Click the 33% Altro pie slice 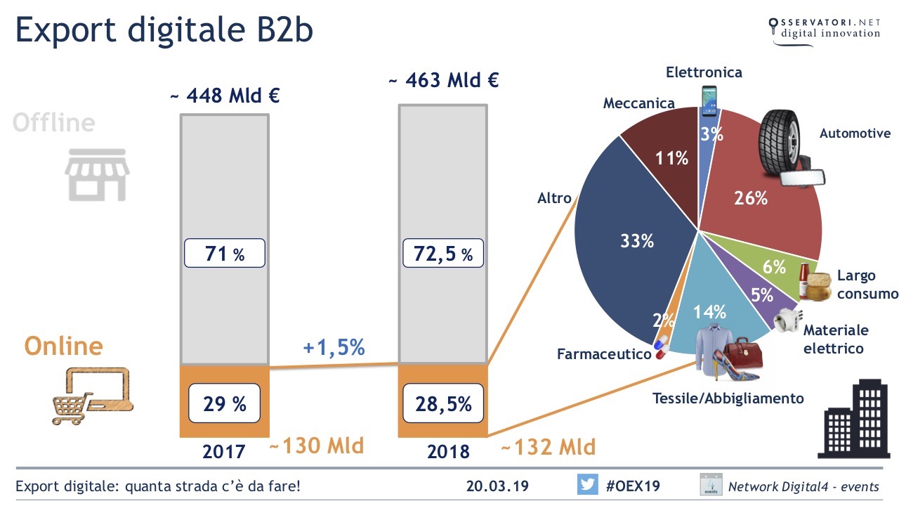click(x=625, y=246)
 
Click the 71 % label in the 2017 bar click(x=225, y=253)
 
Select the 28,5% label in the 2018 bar click(x=443, y=403)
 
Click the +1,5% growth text click(x=334, y=346)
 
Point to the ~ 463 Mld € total click(x=443, y=80)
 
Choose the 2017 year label click(x=224, y=451)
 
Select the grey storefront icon click(x=97, y=174)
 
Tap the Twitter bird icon click(x=587, y=485)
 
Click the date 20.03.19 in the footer click(x=497, y=486)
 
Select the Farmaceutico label click(x=604, y=354)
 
